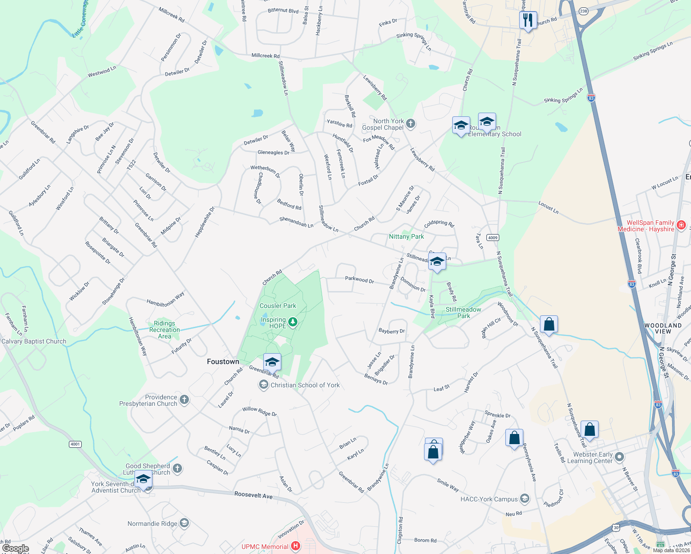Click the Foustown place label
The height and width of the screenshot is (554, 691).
point(223,361)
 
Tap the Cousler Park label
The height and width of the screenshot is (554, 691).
point(278,306)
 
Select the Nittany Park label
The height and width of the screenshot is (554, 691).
point(406,236)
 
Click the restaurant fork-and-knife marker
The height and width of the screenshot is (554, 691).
point(527,20)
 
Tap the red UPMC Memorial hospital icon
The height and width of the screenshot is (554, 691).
point(296,546)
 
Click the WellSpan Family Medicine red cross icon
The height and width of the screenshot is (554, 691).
point(681,225)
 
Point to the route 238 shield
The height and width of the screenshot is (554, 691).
point(583,11)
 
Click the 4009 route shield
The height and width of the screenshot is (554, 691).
point(493,238)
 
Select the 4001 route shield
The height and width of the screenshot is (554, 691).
point(75,444)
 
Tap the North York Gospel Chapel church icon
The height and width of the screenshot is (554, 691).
point(411,124)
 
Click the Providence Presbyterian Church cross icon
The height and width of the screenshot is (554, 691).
point(184,400)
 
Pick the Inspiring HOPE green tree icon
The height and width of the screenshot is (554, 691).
point(292,322)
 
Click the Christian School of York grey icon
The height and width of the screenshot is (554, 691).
point(263,385)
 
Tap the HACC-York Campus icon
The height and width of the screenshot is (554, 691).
point(524,499)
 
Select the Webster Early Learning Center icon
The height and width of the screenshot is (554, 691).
point(619,457)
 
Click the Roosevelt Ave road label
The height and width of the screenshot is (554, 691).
point(253,495)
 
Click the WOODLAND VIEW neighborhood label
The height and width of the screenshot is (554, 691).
point(663,328)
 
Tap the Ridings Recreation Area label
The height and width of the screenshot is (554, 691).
point(164,330)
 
